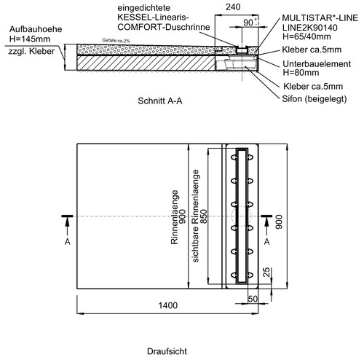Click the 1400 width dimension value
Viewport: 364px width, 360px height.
[168, 305]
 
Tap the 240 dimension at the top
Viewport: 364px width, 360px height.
[233, 7]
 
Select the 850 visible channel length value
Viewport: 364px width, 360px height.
[204, 216]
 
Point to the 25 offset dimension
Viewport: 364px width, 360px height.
[266, 272]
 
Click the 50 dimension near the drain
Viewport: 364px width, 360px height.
[253, 299]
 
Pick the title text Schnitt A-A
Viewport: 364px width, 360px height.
[160, 101]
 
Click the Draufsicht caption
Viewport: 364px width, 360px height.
[167, 351]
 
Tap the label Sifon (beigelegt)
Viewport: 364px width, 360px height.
[314, 99]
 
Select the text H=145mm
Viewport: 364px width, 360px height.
[30, 39]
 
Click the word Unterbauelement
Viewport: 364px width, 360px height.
[317, 64]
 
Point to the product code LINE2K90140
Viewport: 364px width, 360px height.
[309, 28]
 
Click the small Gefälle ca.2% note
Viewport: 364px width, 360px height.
[116, 41]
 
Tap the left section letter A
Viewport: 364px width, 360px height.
[68, 242]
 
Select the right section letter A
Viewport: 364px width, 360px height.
[267, 242]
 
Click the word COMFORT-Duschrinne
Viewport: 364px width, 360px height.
[164, 27]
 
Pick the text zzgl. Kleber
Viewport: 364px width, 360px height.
[31, 52]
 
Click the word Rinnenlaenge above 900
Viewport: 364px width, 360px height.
[175, 217]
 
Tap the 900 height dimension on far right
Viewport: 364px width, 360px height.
[280, 222]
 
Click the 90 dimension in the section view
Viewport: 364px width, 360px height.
[248, 23]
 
